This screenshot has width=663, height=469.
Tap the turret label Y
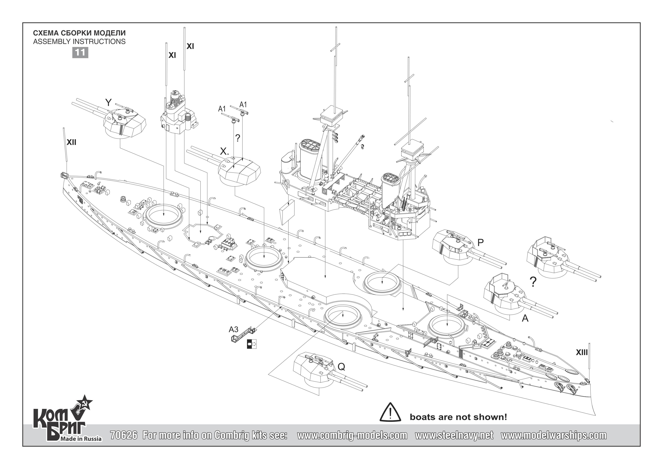click(x=108, y=102)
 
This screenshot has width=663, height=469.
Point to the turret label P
click(x=480, y=243)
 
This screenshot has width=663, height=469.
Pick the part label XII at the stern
click(x=71, y=142)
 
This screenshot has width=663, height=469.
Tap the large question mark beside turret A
click(x=533, y=282)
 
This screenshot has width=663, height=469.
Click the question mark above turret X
click(x=238, y=138)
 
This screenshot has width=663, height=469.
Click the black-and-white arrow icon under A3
click(x=252, y=344)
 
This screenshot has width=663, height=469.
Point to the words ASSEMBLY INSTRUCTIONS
click(x=79, y=42)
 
